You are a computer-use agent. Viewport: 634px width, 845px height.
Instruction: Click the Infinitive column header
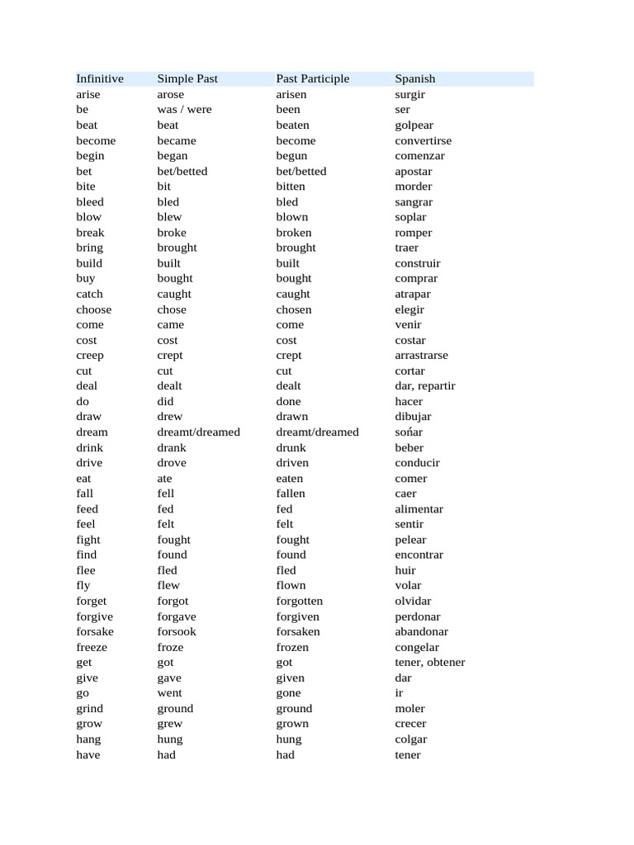click(x=100, y=79)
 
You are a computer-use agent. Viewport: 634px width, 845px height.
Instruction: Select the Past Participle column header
click(x=312, y=79)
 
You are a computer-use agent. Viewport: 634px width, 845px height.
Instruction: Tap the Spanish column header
click(x=414, y=79)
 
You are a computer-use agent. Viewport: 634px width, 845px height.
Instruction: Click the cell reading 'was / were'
click(x=184, y=110)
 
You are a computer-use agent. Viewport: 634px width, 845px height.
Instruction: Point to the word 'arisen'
click(x=291, y=95)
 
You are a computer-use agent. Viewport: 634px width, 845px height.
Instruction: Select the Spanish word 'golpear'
click(x=414, y=125)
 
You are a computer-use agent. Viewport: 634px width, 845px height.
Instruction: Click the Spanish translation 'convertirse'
click(x=423, y=141)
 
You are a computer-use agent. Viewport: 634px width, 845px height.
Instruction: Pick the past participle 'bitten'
click(x=290, y=186)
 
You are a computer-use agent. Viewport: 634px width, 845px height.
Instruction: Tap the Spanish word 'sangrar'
click(x=413, y=202)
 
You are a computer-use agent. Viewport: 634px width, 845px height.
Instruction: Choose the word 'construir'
click(x=417, y=263)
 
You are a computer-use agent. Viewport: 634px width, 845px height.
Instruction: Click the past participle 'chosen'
click(x=294, y=309)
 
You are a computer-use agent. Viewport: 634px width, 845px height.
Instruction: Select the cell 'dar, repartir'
click(x=424, y=386)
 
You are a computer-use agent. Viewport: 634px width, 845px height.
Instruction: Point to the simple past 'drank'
click(x=172, y=448)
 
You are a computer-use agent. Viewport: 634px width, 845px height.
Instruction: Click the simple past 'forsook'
click(x=177, y=632)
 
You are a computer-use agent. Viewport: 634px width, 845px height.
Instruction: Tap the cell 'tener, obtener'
click(x=429, y=663)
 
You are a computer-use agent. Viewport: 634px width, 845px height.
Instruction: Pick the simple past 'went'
click(x=169, y=693)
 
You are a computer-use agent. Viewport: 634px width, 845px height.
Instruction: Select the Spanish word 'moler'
click(x=409, y=709)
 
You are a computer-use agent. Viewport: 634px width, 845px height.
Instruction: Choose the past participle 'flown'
click(x=291, y=586)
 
